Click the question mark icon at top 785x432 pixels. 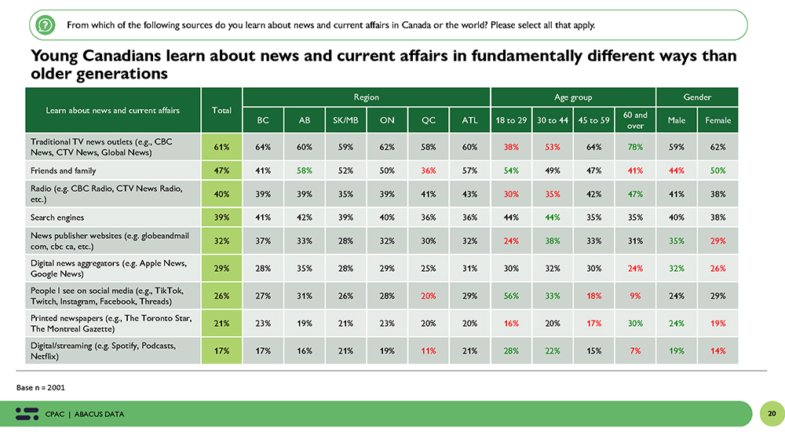[x=45, y=25]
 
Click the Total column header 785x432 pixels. [x=221, y=110]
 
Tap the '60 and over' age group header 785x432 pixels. [x=635, y=120]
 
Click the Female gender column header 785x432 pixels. [x=717, y=120]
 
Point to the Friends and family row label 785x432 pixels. [x=64, y=170]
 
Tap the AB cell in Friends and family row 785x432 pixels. [x=305, y=170]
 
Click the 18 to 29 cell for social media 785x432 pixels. [x=511, y=296]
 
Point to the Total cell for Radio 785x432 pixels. [x=221, y=192]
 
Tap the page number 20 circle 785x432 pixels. [x=771, y=413]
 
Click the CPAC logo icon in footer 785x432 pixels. [x=27, y=413]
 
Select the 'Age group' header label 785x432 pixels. [x=573, y=97]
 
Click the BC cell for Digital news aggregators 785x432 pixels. [x=263, y=269]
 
